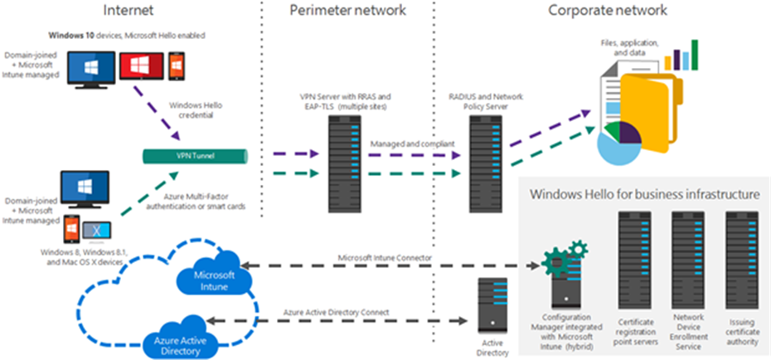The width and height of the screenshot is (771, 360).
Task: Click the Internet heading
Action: (130, 11)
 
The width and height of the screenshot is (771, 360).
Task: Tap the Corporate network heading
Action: (608, 11)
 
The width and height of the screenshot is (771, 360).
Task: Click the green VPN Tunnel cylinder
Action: (196, 155)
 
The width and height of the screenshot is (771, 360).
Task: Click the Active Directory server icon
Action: (492, 304)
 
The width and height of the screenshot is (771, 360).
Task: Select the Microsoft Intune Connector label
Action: (384, 258)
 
